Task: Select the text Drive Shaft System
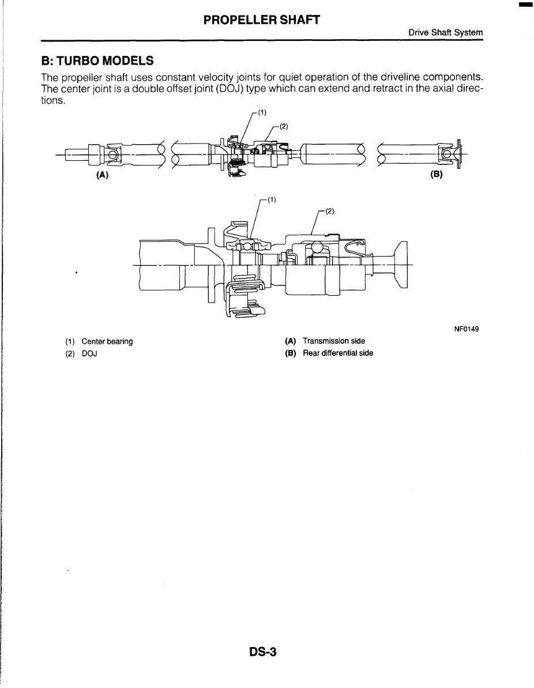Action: coord(445,33)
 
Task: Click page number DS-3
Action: coord(264,652)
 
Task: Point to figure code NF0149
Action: coord(467,329)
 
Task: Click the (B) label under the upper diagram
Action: coord(436,175)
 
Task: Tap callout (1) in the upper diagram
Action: coord(261,113)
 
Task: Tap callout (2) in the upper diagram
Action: coord(283,127)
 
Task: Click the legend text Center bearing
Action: coord(107,341)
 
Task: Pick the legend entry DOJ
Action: coord(89,353)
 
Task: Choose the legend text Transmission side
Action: coord(333,341)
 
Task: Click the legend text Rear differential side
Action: coord(337,353)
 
